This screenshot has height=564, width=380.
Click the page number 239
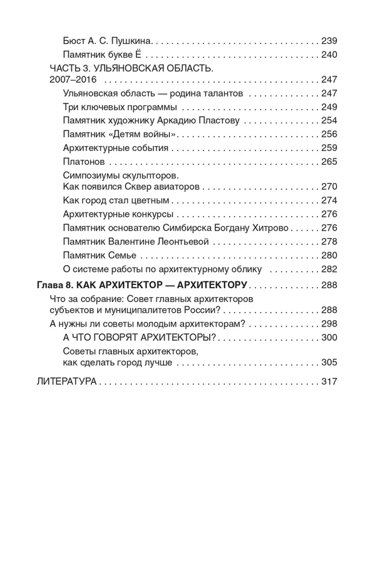tap(328, 41)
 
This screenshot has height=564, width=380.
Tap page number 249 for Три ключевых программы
tap(328, 107)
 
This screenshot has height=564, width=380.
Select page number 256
tap(328, 135)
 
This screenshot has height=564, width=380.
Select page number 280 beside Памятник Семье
tap(328, 255)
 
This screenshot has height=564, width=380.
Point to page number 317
tap(328, 382)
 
